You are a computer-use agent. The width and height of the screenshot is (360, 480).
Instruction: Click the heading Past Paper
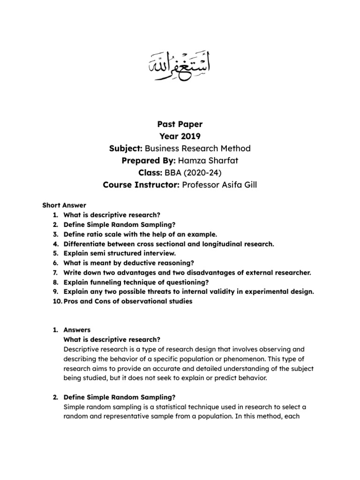[x=179, y=124]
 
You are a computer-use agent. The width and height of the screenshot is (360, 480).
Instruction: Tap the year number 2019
[x=191, y=136]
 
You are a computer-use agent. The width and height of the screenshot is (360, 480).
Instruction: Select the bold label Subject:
[x=126, y=149]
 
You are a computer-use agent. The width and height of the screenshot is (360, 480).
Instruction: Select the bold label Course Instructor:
[x=139, y=185]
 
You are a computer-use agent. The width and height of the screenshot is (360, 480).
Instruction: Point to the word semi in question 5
[x=97, y=254]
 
